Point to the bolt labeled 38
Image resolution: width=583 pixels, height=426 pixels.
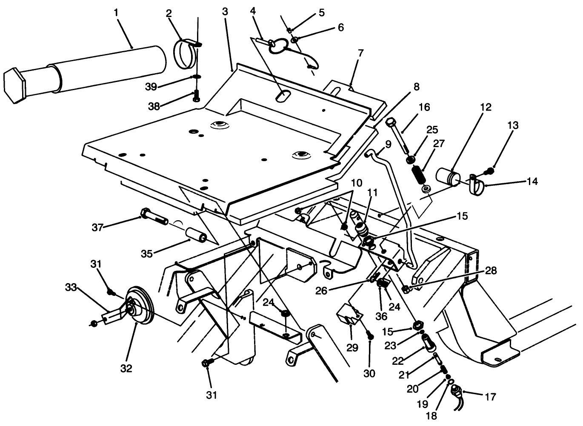(x=196, y=96)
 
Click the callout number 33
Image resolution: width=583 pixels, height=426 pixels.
(x=71, y=288)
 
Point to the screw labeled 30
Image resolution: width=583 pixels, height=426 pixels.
(x=370, y=336)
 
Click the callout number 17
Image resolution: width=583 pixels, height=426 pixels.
(x=490, y=397)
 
